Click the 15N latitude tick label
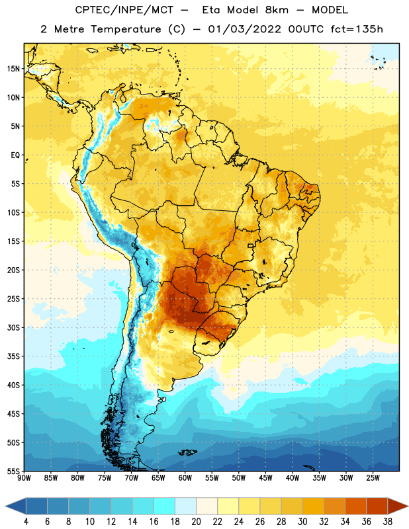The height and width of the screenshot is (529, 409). (13, 69)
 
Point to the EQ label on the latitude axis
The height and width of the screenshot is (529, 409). (15, 155)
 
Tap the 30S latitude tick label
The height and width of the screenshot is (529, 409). (13, 327)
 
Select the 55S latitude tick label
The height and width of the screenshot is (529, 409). (13, 471)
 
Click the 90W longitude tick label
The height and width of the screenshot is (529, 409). (24, 478)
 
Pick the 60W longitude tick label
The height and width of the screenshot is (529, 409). (185, 478)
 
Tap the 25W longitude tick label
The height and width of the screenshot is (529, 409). (373, 478)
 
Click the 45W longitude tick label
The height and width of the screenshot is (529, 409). (265, 478)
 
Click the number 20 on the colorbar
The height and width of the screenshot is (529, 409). (196, 522)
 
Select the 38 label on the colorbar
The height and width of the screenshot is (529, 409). (388, 522)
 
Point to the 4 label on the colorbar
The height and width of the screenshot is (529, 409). (26, 522)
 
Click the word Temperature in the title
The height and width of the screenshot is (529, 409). (126, 29)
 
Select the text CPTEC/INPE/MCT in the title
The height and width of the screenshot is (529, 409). (124, 10)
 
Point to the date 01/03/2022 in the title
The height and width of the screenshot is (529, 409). (244, 29)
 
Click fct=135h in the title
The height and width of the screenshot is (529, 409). (357, 29)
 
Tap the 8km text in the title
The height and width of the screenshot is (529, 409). (277, 10)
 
